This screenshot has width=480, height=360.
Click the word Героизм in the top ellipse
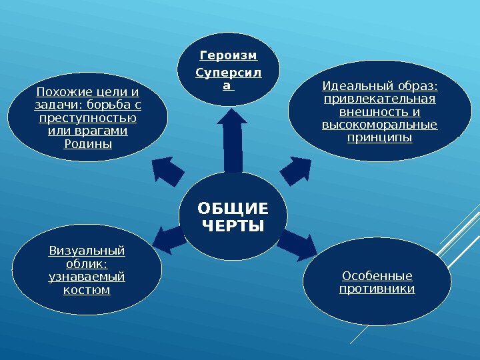click(229, 55)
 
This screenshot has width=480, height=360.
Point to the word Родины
click(87, 144)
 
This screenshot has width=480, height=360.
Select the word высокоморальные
click(379, 125)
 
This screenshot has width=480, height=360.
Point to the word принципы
click(379, 138)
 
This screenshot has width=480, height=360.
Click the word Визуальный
click(87, 251)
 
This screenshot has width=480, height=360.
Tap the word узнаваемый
click(87, 277)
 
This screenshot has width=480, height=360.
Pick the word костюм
click(87, 290)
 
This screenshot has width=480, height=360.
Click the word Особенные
click(377, 276)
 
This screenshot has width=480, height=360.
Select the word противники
click(377, 289)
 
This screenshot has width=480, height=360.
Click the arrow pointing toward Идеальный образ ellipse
click(298, 169)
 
